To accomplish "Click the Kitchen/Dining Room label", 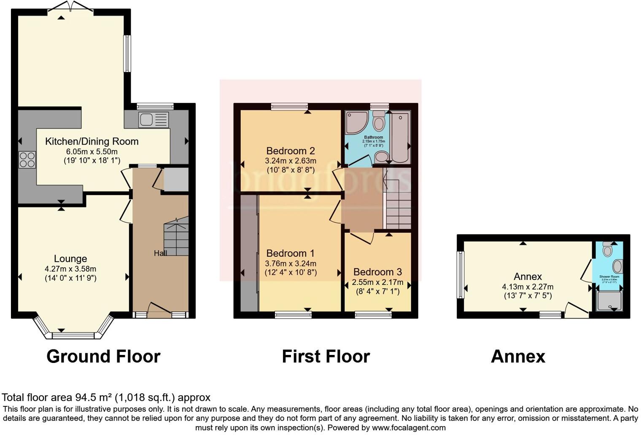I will (92, 142).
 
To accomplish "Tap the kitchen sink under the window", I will (153, 120).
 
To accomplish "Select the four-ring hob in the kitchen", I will (27, 160).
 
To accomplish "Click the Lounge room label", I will (70, 259).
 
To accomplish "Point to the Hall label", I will (160, 253).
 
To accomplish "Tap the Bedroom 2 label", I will (291, 151).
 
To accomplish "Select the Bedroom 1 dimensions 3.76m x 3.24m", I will (291, 263).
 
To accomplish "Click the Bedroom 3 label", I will (377, 272).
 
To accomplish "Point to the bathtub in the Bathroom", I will (400, 137).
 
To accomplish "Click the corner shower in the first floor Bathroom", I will (356, 122).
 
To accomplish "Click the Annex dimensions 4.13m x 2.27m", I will (528, 287).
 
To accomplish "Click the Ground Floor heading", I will (103, 357).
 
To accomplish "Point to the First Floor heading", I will (326, 357).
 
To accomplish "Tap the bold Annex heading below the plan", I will (518, 357).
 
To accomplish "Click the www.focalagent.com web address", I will (408, 427).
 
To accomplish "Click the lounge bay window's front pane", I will (73, 336).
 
